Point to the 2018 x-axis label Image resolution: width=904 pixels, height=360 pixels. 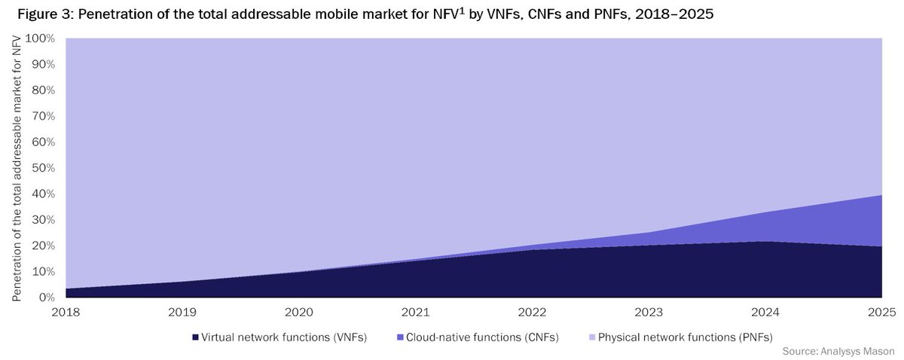click(x=66, y=312)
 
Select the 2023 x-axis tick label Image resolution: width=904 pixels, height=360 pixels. click(x=649, y=312)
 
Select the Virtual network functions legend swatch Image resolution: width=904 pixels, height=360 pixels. click(x=195, y=337)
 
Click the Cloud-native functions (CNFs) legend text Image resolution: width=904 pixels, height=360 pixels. click(x=483, y=337)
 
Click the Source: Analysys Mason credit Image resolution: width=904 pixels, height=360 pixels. click(x=838, y=351)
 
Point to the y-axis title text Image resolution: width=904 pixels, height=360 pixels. click(x=17, y=168)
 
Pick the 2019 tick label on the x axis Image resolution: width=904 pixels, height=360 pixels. click(x=182, y=312)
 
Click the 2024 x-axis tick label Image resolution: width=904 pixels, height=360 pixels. click(x=765, y=312)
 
